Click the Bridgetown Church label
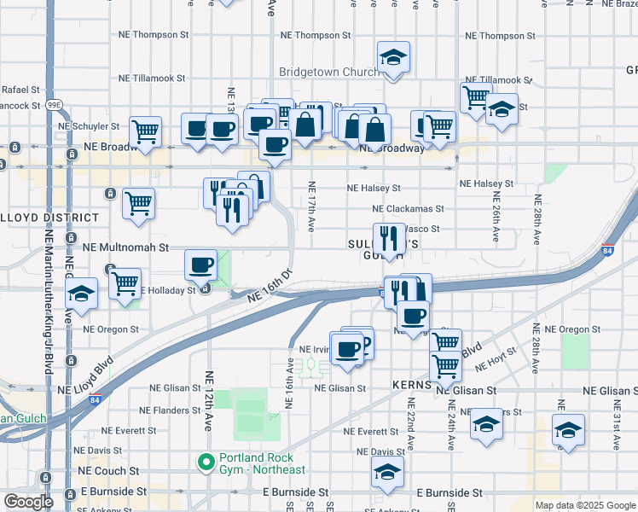328,73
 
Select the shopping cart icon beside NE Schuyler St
146,132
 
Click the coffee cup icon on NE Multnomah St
200,265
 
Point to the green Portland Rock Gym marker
206,463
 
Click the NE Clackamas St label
408,208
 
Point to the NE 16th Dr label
270,285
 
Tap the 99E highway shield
54,105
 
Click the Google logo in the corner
28,502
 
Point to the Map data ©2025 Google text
585,505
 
